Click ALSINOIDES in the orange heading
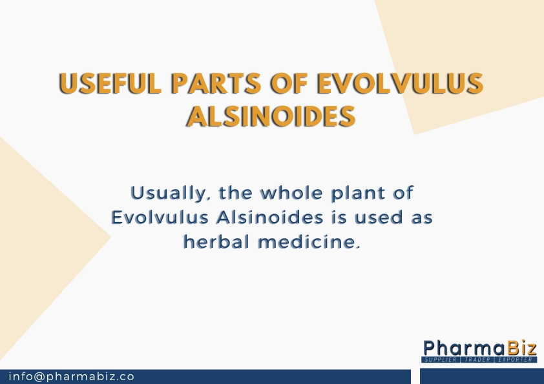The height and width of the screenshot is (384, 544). pos(271,116)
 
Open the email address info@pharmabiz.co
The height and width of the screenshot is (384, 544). pos(72,376)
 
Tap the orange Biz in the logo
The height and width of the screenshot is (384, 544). pos(519,347)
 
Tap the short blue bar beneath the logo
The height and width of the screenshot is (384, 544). pos(481,376)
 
